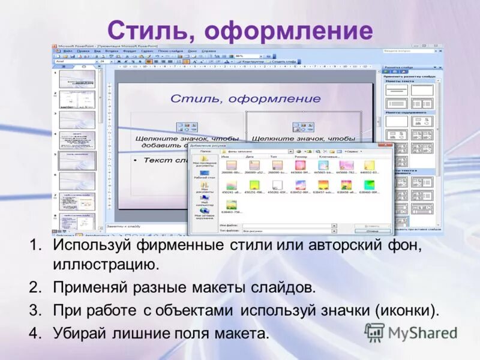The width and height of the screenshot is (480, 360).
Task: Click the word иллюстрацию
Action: tap(106, 263)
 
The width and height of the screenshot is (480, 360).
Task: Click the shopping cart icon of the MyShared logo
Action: tap(374, 332)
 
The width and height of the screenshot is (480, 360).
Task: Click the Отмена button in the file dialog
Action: tap(372, 230)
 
